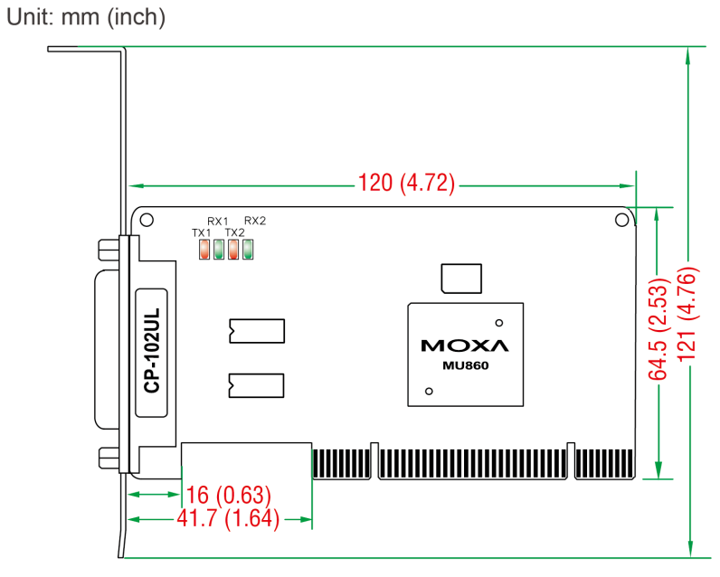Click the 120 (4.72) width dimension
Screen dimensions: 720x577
pyautogui.click(x=406, y=184)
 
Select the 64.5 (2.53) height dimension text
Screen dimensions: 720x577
pyautogui.click(x=658, y=329)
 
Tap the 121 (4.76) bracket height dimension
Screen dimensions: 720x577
pyautogui.click(x=687, y=315)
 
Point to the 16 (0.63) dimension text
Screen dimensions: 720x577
pyautogui.click(x=228, y=495)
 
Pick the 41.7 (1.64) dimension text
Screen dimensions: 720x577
pyautogui.click(x=228, y=518)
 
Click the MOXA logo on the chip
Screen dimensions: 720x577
pyautogui.click(x=465, y=345)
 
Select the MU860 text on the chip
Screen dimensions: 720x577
pyautogui.click(x=465, y=366)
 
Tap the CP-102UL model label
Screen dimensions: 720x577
pyautogui.click(x=152, y=351)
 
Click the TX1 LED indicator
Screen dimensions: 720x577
pyautogui.click(x=204, y=250)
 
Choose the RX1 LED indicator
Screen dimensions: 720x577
pyautogui.click(x=219, y=250)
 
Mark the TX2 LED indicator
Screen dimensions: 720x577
pyautogui.click(x=233, y=250)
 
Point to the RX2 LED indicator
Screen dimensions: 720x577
pyautogui.click(x=248, y=250)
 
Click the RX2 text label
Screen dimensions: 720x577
pyautogui.click(x=255, y=221)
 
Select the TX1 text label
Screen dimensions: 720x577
pyautogui.click(x=201, y=232)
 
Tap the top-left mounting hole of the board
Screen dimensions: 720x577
pyautogui.click(x=147, y=220)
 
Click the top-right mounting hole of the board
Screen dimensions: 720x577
pyautogui.click(x=621, y=220)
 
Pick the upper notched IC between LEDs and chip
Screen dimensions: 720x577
pyautogui.click(x=257, y=331)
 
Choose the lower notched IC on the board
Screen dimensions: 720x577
pyautogui.click(x=256, y=385)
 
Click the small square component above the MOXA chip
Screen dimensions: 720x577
pyautogui.click(x=461, y=279)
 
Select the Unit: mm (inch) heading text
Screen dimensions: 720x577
pyautogui.click(x=86, y=17)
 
